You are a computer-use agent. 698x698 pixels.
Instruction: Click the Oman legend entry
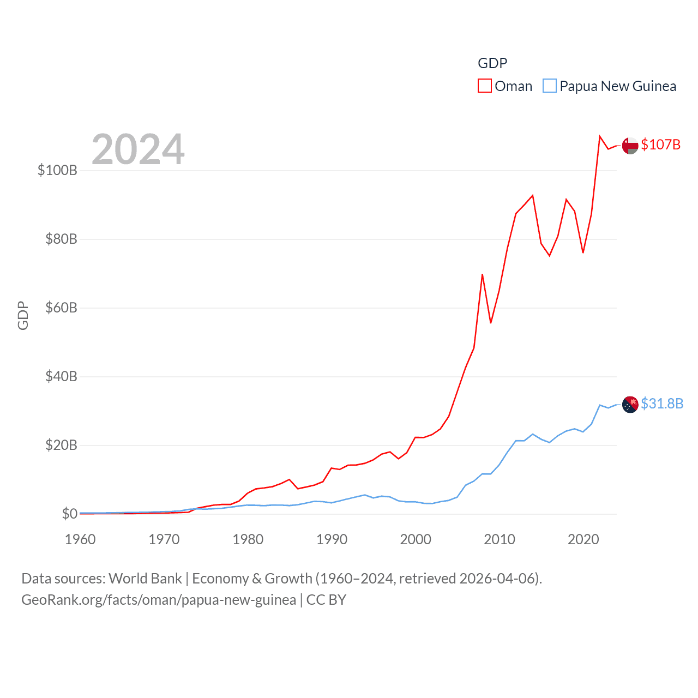(505, 86)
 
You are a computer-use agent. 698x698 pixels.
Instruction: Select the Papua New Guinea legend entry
(610, 86)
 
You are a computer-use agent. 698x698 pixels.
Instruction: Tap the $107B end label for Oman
(660, 145)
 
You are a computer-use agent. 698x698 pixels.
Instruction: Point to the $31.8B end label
(662, 404)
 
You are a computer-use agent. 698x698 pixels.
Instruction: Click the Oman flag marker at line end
(630, 146)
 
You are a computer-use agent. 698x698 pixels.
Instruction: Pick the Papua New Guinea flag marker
(630, 405)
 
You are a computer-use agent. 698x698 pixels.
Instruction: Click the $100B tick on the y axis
(57, 170)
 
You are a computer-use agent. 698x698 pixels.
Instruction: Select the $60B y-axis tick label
(61, 308)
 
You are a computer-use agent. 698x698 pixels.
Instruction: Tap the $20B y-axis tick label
(61, 445)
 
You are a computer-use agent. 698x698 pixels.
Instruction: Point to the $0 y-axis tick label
(69, 514)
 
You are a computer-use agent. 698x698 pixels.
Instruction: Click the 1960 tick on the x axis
(80, 539)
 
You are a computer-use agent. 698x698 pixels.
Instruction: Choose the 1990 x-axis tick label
(332, 539)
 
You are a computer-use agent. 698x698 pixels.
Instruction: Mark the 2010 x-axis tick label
(500, 539)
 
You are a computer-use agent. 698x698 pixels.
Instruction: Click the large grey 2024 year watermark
(138, 149)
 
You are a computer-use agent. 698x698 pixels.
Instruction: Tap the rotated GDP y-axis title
(23, 315)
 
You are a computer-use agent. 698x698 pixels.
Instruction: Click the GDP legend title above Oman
(492, 63)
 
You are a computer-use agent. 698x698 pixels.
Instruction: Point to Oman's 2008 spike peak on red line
(482, 274)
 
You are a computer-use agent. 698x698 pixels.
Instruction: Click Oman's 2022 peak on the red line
(600, 136)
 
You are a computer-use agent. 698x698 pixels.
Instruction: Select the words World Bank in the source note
(145, 579)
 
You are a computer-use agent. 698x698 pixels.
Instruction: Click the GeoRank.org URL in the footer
(159, 600)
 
